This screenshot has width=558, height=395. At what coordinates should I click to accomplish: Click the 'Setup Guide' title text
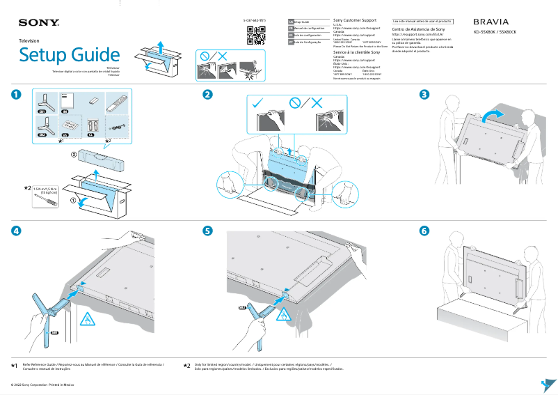coord(69,54)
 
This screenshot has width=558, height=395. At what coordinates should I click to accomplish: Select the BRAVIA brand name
coord(495,22)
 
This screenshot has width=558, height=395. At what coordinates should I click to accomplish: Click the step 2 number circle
coord(207,95)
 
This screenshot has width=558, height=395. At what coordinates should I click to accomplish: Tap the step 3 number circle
coord(424,95)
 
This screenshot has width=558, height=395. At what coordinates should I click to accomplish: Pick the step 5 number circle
coord(207,231)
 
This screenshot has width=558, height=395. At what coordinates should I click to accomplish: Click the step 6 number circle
coord(424,231)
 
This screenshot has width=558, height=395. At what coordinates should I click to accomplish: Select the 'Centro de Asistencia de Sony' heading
coord(418,30)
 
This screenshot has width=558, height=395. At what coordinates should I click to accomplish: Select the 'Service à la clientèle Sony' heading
coord(357,52)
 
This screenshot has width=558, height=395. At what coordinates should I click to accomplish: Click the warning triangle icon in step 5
coord(284,316)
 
